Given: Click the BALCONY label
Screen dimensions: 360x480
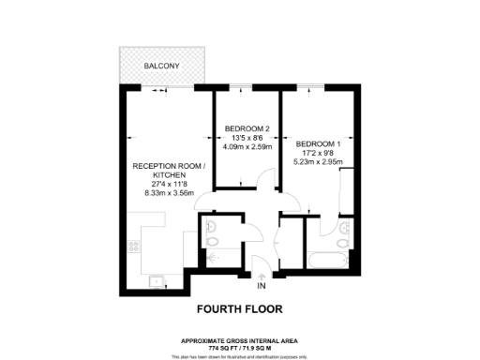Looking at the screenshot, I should (163, 66).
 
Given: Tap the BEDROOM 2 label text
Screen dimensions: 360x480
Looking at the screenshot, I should (247, 127).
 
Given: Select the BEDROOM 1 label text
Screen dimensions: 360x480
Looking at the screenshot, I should (320, 144).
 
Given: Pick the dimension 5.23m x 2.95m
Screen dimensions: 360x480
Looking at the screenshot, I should (320, 162).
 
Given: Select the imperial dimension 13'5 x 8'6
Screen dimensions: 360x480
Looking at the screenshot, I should (247, 137).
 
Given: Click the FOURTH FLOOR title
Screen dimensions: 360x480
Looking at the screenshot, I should (239, 307).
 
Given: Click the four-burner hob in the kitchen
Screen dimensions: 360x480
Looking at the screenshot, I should (134, 247).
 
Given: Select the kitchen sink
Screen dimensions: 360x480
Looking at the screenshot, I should (156, 279).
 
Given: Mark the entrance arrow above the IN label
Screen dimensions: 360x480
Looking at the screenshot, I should (262, 273).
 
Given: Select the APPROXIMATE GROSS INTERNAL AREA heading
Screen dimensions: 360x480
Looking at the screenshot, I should (239, 340).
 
